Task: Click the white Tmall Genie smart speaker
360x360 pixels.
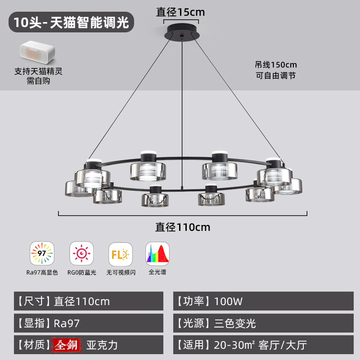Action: tap(37, 52)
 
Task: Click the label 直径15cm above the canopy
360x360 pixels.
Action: tap(180, 12)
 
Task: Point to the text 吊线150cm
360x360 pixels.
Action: tap(276, 65)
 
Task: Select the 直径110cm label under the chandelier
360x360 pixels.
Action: tap(183, 227)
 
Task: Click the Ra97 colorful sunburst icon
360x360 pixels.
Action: tap(42, 253)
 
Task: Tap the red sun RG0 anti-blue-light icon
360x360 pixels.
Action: tap(81, 253)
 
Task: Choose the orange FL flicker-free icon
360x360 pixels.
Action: tap(121, 254)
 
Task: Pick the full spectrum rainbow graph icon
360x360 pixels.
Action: tap(157, 253)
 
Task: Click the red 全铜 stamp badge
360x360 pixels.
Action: tap(67, 345)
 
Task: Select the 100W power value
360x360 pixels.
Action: tap(228, 301)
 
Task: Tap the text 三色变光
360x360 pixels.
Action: tap(235, 323)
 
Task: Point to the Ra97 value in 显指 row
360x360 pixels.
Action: tap(67, 323)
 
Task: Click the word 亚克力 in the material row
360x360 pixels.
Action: tap(102, 345)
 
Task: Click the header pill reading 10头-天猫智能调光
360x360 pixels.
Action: tap(71, 22)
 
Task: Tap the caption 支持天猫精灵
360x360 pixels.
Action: tap(38, 71)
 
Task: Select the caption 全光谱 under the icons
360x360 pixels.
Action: tap(157, 272)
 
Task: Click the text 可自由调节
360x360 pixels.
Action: tap(276, 76)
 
